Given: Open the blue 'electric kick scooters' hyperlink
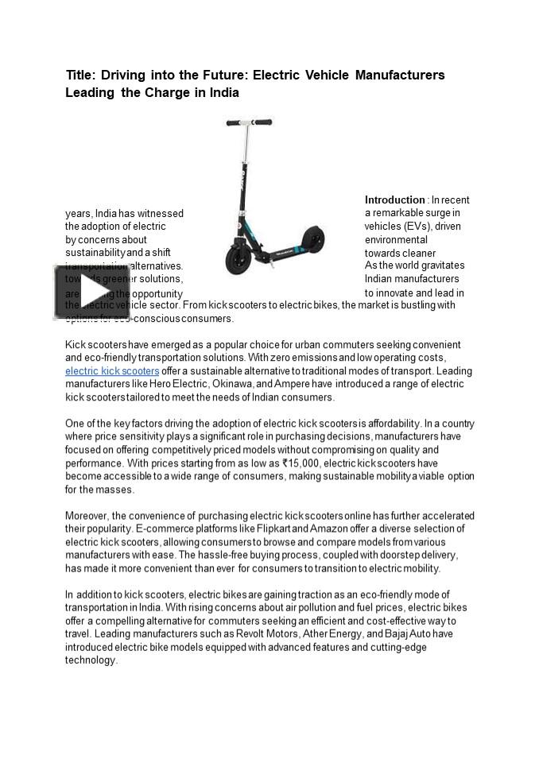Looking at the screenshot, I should [112, 371].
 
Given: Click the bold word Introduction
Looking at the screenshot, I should [394, 200].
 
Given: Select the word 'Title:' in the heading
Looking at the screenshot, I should [80, 76].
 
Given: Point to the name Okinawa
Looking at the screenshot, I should [232, 384].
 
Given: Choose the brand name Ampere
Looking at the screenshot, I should [290, 384].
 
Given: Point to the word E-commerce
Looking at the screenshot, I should [165, 529].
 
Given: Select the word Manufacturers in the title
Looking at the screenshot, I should [400, 76].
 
